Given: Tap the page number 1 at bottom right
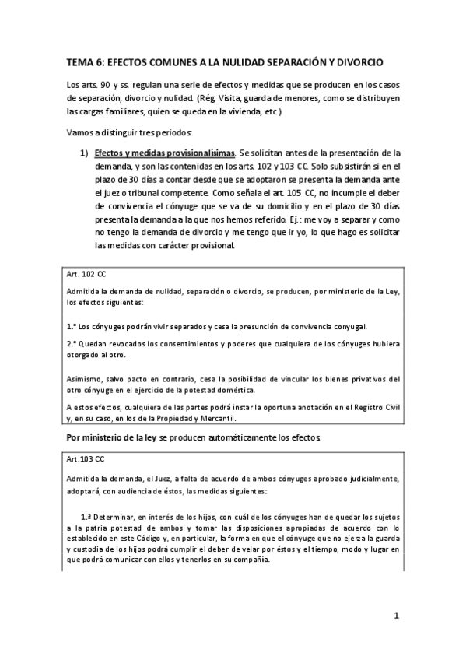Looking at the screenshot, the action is [396, 616].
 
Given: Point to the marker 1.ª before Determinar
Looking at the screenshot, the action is [86, 517].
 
